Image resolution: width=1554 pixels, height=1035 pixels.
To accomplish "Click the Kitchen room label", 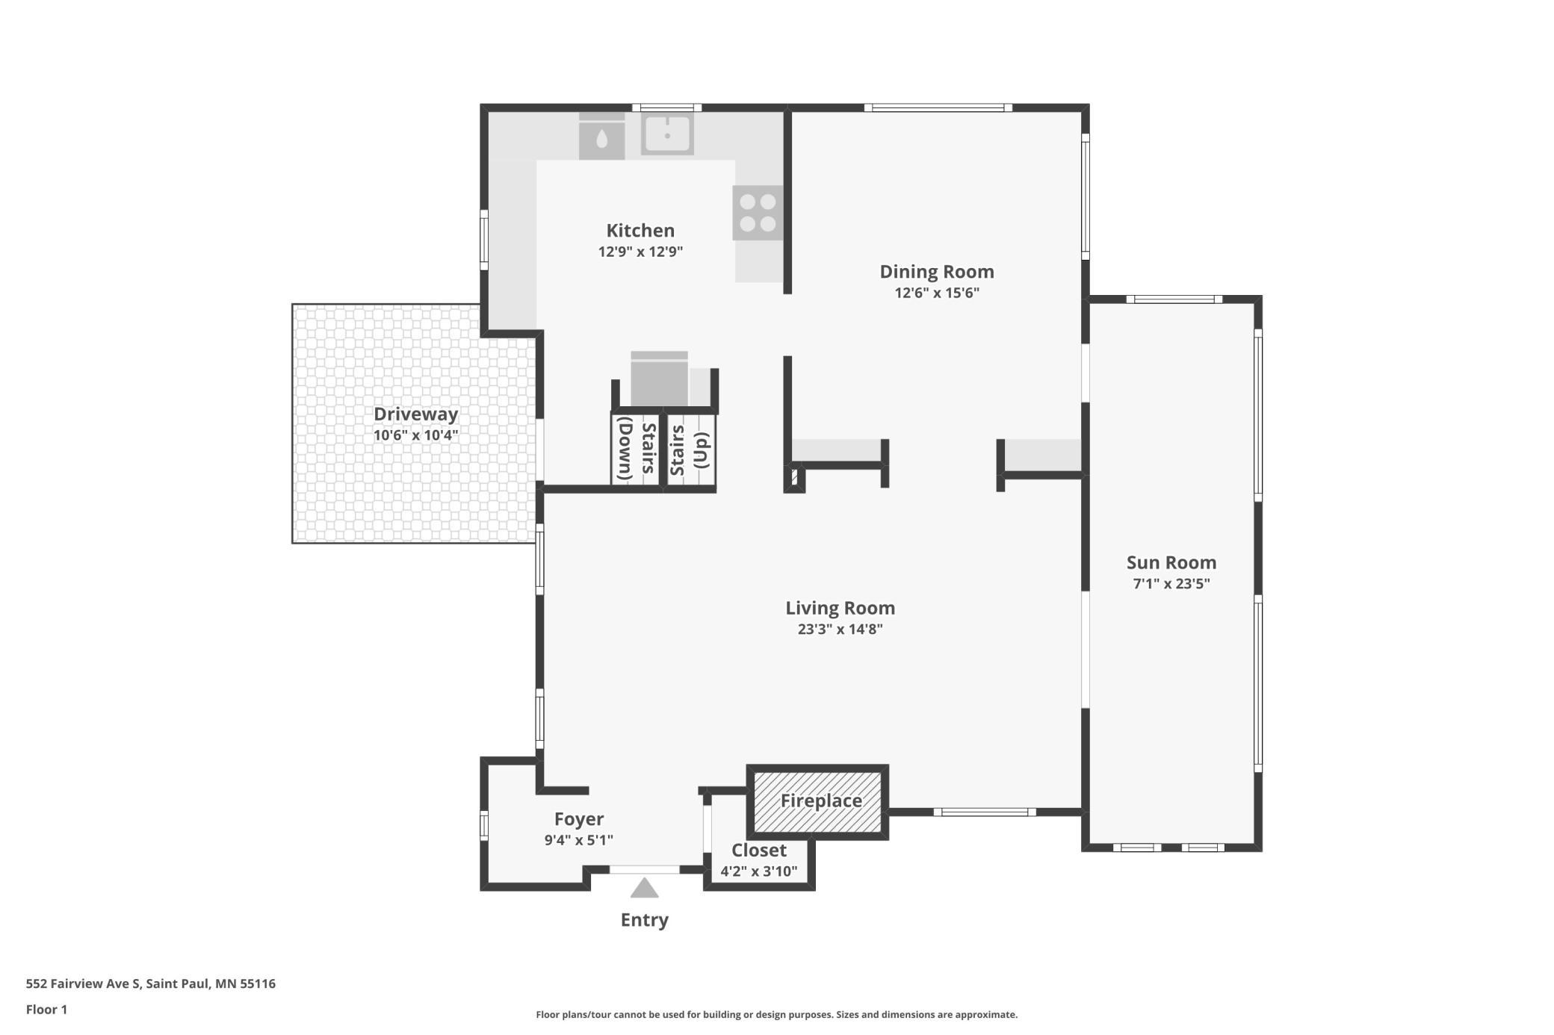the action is [640, 231].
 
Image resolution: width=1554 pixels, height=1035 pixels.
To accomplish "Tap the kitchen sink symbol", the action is [667, 134].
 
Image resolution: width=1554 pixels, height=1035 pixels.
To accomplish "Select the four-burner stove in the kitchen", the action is [758, 213].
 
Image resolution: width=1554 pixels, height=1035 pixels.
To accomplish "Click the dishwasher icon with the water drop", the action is [602, 136].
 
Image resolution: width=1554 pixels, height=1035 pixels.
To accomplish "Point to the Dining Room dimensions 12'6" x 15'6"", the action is [937, 293].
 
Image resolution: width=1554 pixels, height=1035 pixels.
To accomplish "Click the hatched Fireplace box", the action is [818, 802].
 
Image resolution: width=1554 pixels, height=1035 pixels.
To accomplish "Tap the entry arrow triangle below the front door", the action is [644, 888].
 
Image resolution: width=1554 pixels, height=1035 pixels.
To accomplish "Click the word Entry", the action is [645, 920].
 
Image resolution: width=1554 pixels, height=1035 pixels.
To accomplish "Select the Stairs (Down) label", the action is [636, 448].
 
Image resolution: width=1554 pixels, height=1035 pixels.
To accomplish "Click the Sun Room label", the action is [1171, 563].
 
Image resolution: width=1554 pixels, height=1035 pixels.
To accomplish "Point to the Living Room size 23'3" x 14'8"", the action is [841, 629].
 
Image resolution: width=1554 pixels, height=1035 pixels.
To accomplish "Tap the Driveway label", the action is [416, 414].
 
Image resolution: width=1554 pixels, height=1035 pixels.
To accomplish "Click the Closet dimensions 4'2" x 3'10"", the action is [759, 871].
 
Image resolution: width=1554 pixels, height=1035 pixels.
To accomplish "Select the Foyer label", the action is [579, 820].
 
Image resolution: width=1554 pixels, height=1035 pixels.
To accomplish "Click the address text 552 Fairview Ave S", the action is [83, 983].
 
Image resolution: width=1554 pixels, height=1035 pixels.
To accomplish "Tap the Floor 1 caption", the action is [46, 1010].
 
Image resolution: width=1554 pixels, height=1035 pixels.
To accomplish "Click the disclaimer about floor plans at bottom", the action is [777, 1014].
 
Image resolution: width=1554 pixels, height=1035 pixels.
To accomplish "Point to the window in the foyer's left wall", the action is [484, 825].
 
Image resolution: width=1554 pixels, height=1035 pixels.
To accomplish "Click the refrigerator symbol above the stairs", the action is [660, 379].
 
